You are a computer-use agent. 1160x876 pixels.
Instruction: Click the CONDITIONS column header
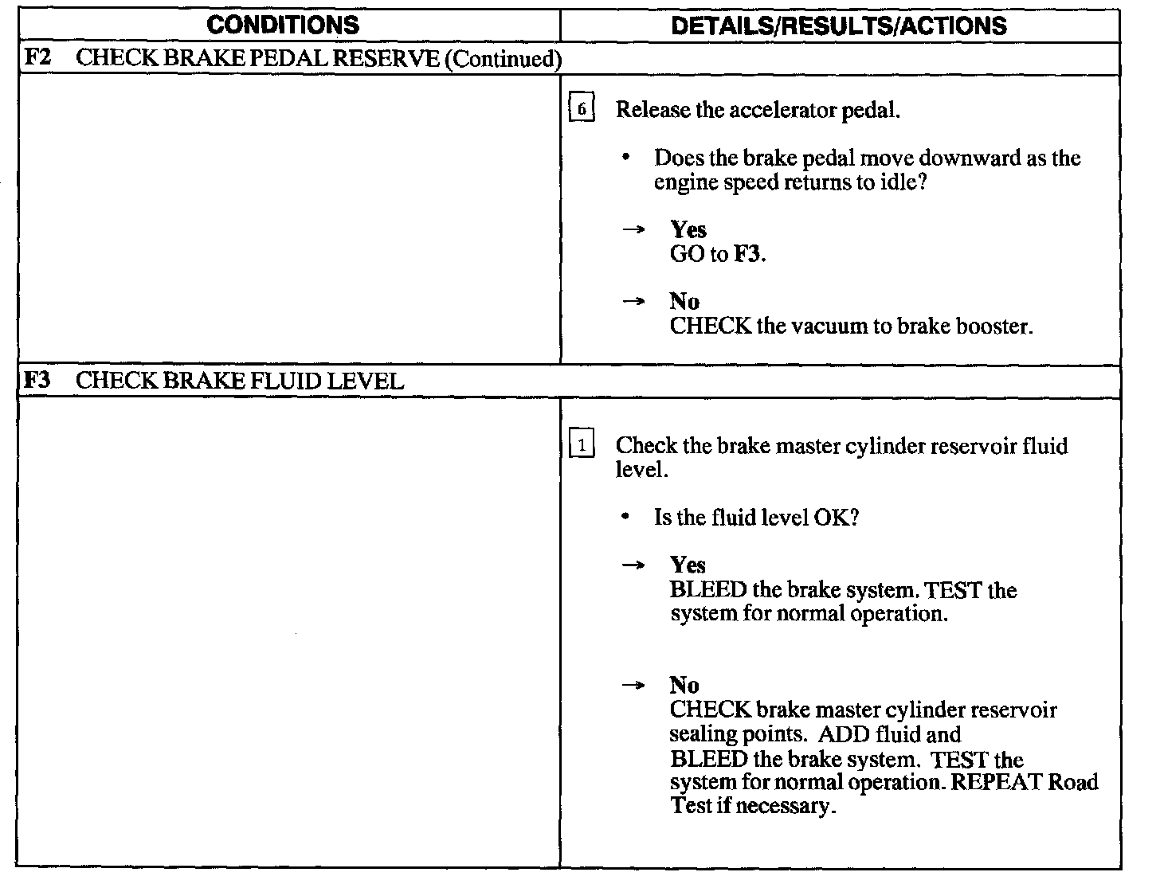click(282, 25)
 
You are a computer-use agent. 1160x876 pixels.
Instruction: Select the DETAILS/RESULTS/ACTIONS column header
click(839, 25)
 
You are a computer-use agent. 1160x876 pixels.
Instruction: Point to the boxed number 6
click(582, 108)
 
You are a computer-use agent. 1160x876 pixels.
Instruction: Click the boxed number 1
click(582, 446)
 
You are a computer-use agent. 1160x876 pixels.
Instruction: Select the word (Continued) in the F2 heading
click(503, 60)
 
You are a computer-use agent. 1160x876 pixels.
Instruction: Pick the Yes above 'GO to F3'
click(688, 230)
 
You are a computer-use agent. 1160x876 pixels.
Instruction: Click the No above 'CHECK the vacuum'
click(684, 301)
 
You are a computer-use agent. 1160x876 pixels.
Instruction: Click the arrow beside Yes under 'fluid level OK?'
click(633, 565)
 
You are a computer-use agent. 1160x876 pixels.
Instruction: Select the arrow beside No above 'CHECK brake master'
click(633, 686)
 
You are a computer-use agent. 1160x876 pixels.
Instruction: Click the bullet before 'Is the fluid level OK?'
click(628, 518)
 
